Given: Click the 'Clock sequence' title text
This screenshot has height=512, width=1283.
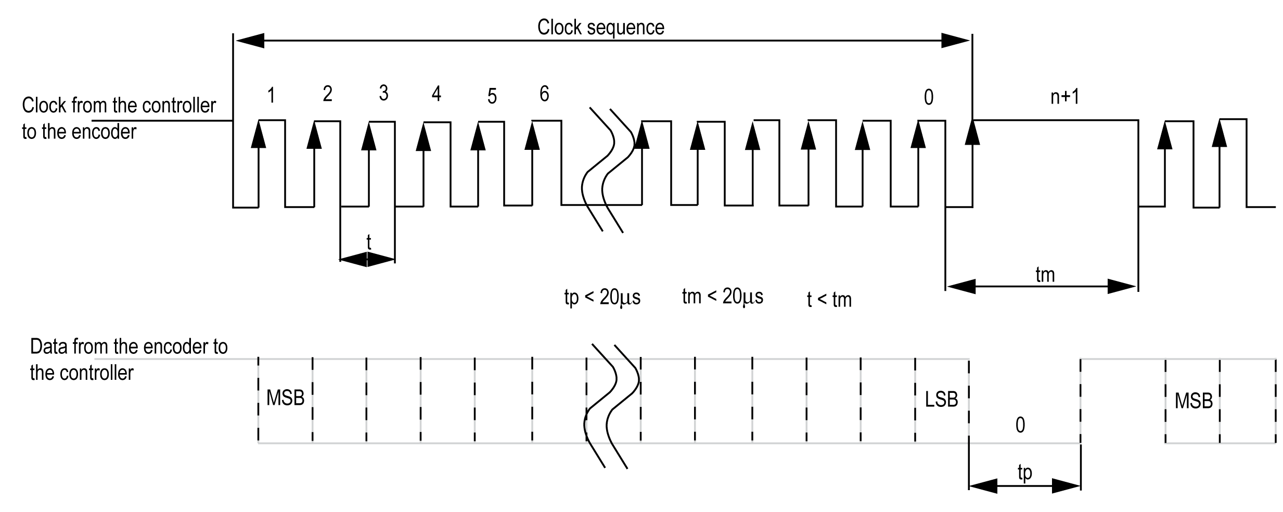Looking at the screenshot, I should click(x=600, y=27).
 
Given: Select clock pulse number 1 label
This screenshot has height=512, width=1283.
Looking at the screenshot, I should click(x=271, y=96).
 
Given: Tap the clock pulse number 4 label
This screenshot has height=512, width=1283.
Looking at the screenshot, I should click(x=436, y=94).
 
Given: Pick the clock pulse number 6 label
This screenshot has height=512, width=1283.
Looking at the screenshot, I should click(x=544, y=94).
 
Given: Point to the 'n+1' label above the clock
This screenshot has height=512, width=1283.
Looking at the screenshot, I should click(x=1064, y=96).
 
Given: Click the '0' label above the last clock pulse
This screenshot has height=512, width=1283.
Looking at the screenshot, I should click(x=928, y=97).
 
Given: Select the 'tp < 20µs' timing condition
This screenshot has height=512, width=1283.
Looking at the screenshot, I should click(x=602, y=297).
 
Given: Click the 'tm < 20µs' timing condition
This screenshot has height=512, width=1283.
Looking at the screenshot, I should click(x=722, y=296).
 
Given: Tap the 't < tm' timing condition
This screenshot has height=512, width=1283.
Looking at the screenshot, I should click(x=829, y=300).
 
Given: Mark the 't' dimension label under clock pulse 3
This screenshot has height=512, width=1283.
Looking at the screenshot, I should click(x=368, y=242).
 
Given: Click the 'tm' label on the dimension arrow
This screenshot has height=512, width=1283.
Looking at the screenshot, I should click(x=1045, y=274).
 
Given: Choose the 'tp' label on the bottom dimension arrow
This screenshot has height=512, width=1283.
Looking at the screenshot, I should click(x=1024, y=472).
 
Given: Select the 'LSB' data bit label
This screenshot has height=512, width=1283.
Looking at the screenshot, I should click(x=941, y=399).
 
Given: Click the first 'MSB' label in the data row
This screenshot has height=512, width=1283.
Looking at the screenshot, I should click(x=285, y=398).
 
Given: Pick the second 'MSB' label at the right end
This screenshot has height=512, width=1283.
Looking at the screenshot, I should click(x=1194, y=401).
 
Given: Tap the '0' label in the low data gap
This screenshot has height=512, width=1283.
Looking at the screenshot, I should click(x=1020, y=425).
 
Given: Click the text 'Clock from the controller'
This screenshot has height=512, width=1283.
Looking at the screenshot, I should click(x=119, y=106).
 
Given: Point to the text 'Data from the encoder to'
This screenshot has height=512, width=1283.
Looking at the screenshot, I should click(x=129, y=347).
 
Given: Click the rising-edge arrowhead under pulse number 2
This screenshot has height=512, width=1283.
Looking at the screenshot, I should click(x=314, y=137).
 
